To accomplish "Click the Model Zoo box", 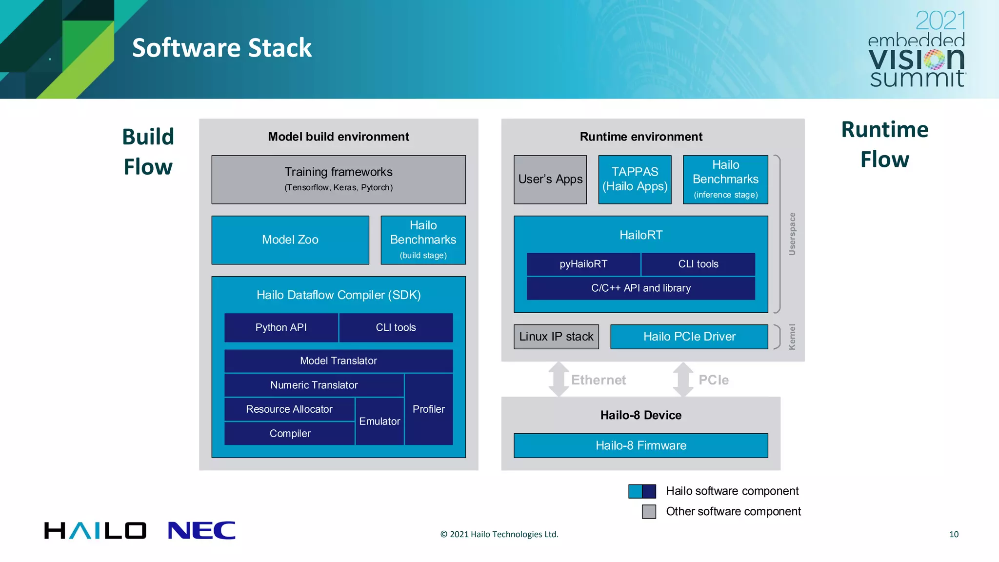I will click(x=290, y=240).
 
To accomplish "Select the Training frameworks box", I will click(x=339, y=179).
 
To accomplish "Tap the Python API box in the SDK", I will click(x=281, y=327).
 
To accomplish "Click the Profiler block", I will click(x=428, y=409).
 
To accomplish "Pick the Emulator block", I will click(x=380, y=421).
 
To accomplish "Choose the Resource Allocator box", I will click(x=289, y=409).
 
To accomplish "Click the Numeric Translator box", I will click(x=314, y=385).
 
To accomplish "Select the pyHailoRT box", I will click(x=583, y=264).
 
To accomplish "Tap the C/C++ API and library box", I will click(x=640, y=288).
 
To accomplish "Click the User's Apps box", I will click(x=550, y=179).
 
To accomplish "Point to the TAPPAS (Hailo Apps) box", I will click(x=635, y=179).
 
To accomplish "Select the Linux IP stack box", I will click(x=556, y=337).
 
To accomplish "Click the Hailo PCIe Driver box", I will click(x=689, y=337).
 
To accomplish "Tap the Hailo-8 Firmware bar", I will click(x=640, y=445).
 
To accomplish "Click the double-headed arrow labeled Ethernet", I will click(x=559, y=380).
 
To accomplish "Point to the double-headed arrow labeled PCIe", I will click(x=683, y=380).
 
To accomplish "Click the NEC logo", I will click(x=201, y=530).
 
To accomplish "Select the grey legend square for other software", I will click(x=649, y=511).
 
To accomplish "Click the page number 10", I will click(x=954, y=534).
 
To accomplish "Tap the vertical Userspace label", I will click(x=792, y=234).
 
